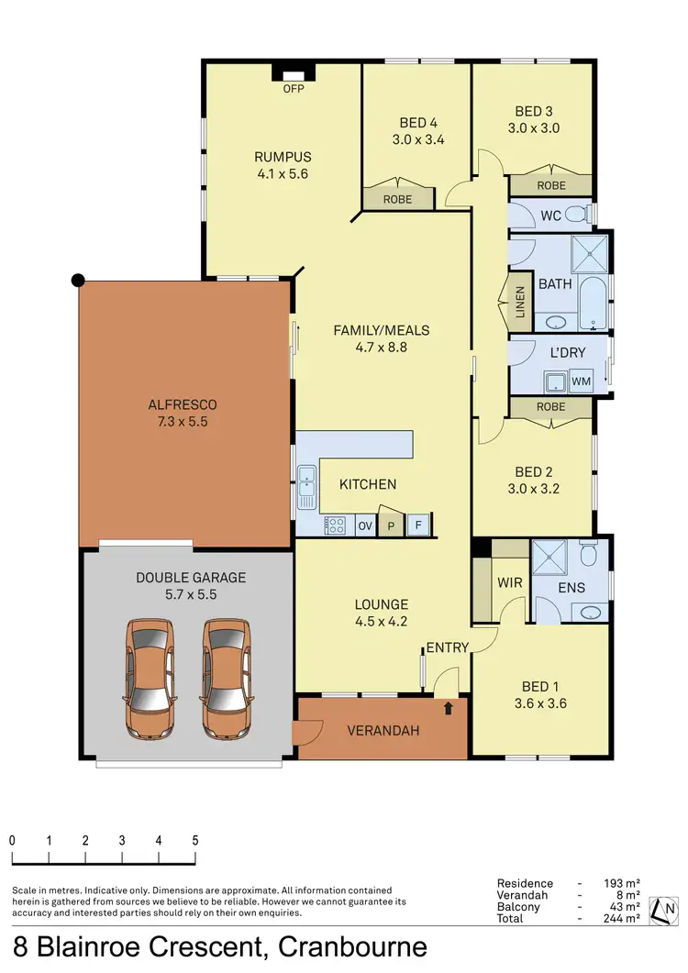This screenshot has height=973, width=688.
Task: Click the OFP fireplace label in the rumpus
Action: (x=293, y=89)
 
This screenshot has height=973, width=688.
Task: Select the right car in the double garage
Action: (x=227, y=680)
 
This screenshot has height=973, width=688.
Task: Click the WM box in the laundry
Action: (x=582, y=379)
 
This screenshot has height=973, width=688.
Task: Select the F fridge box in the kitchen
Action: (x=417, y=525)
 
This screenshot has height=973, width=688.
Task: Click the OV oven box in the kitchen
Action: (x=365, y=525)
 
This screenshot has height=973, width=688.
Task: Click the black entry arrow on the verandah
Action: (x=449, y=707)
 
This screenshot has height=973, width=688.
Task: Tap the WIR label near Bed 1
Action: (x=510, y=583)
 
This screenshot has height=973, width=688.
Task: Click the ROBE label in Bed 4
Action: (x=398, y=198)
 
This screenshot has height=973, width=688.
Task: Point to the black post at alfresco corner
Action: (x=79, y=280)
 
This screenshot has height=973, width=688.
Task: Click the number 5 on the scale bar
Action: (x=195, y=840)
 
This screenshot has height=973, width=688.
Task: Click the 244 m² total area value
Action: (x=623, y=918)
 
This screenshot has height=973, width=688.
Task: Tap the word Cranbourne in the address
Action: (x=352, y=946)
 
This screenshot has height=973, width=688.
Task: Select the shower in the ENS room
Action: (x=550, y=556)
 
